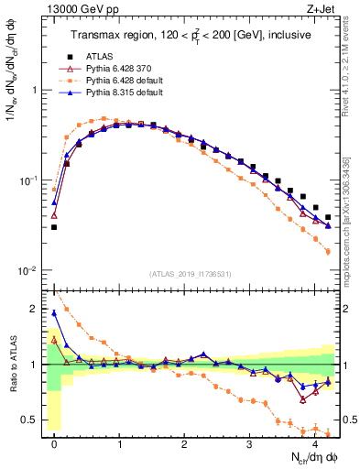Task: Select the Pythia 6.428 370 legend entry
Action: [x=116, y=69]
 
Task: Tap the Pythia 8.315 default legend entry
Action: [x=120, y=93]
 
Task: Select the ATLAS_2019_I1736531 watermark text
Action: [x=190, y=274]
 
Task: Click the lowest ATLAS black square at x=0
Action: [x=54, y=227]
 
